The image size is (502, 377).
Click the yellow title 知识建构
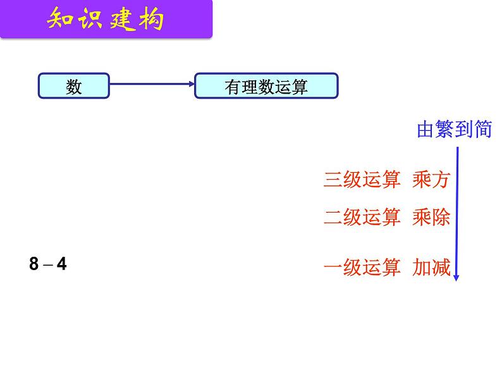pos(106,19)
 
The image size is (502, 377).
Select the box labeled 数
pos(74,85)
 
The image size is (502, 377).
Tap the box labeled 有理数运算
pos(266,85)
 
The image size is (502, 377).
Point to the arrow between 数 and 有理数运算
pos(152,84)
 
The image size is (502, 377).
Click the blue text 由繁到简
pos(455,129)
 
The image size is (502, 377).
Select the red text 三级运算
pos(362,179)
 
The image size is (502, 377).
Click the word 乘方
pos(432,179)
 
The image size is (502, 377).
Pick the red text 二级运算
pos(362,217)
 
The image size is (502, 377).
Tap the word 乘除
pos(432,217)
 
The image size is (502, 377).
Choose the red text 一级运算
pos(362,267)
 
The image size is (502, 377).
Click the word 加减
pos(432,267)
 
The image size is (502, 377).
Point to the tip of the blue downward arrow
pos(456,281)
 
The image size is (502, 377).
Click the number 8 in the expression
pos(34,264)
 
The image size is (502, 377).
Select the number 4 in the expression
pos(61,264)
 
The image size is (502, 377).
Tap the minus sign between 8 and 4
pos(47,265)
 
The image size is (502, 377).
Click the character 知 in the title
pos(60,19)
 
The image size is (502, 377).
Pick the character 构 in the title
pos(152,19)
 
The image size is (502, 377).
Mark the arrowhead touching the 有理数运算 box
pos(192,84)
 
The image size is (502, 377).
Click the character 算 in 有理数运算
pos(300,87)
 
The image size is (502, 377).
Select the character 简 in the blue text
pos(483,129)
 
